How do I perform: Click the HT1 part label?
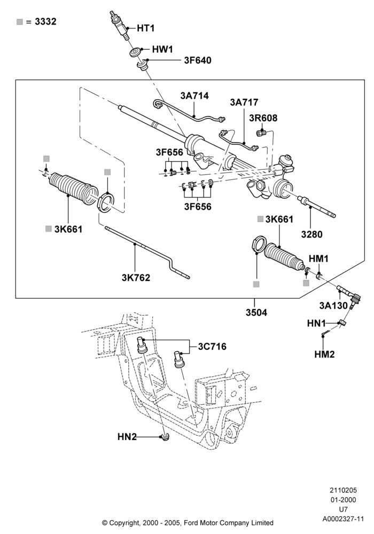[145, 28]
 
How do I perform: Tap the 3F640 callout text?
[198, 60]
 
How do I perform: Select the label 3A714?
[194, 96]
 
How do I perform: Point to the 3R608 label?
[263, 118]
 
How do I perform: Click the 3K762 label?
[136, 278]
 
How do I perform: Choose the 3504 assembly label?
[256, 312]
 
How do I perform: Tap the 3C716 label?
[212, 347]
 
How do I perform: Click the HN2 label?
[127, 437]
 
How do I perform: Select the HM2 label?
[324, 355]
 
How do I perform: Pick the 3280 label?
[311, 234]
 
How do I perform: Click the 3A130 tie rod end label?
[333, 305]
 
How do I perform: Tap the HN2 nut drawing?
[166, 437]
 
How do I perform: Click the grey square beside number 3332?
[20, 22]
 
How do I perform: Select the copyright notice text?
[188, 522]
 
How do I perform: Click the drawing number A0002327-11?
[344, 519]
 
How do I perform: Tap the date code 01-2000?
[344, 500]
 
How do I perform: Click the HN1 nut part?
[342, 323]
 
